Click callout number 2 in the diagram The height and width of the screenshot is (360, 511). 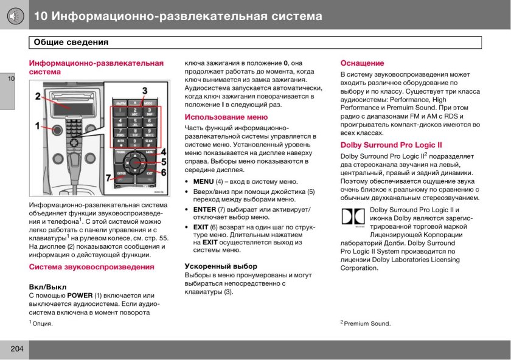[x=38, y=96]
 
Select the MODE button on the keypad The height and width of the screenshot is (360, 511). [x=149, y=104]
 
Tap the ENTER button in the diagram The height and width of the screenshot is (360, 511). [x=121, y=174]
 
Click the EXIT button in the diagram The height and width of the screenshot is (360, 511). [x=150, y=174]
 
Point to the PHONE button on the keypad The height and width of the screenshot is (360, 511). [x=121, y=151]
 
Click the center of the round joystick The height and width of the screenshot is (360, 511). [x=135, y=162]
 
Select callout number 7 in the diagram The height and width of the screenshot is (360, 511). [x=109, y=178]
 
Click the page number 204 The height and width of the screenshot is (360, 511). [x=15, y=349]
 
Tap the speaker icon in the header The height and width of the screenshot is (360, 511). [x=15, y=15]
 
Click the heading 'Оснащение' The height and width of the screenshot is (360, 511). [x=362, y=63]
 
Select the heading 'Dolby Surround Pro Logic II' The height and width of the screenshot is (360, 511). [x=391, y=145]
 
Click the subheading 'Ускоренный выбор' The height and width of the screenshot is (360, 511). [x=221, y=266]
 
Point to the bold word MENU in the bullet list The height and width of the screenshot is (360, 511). [x=203, y=181]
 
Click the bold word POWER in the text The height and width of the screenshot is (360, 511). [x=80, y=296]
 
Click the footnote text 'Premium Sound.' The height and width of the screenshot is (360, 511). [x=367, y=324]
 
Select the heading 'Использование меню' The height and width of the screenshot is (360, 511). [x=226, y=117]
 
